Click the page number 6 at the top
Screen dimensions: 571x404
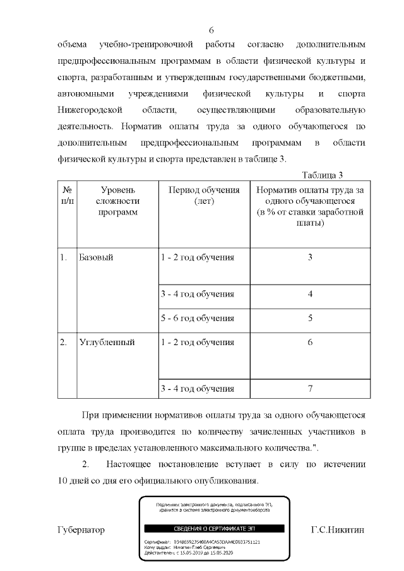[211, 30]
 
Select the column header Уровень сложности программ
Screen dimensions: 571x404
[117, 201]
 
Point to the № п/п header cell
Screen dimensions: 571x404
[67, 196]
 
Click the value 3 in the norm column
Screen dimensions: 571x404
[310, 258]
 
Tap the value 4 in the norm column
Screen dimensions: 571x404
[310, 295]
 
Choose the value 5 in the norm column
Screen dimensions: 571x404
[310, 319]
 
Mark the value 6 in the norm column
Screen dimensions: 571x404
[310, 343]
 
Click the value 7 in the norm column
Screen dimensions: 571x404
[310, 388]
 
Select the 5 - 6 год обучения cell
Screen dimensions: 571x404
[198, 319]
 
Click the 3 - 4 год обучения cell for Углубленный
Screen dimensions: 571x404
[198, 388]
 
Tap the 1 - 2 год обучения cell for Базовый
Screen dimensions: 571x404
[198, 258]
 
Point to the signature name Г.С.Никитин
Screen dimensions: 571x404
[338, 529]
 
